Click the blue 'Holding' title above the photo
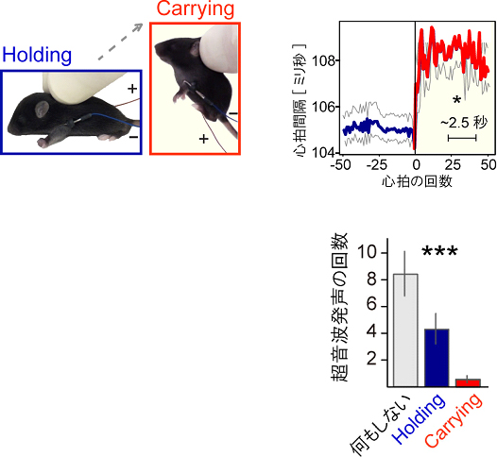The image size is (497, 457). (38, 55)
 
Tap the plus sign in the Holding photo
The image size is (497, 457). (130, 89)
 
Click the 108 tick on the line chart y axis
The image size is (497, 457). (318, 61)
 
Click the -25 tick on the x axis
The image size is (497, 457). (375, 164)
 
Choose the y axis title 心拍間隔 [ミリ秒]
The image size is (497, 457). (300, 94)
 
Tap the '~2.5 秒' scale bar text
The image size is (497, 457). (462, 122)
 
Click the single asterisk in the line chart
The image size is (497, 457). (456, 100)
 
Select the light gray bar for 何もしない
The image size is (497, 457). (404, 330)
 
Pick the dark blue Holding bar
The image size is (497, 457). (436, 358)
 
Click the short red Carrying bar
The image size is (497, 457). (467, 382)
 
